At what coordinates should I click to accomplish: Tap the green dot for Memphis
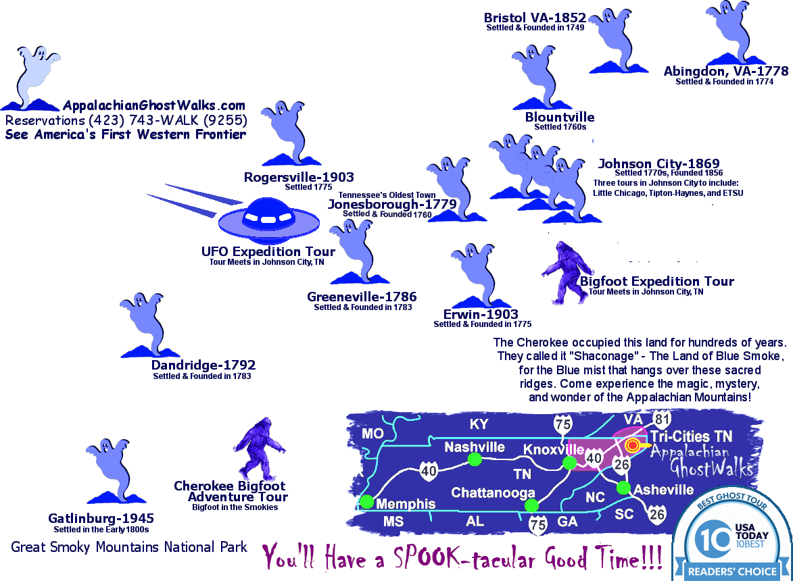(x=367, y=502)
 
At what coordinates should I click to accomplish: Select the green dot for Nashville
(x=475, y=459)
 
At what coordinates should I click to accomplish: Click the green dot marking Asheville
(x=623, y=488)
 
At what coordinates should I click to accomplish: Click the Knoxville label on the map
(x=554, y=449)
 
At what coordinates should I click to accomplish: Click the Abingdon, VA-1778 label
(x=725, y=71)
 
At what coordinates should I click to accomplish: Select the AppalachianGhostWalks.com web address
(x=154, y=106)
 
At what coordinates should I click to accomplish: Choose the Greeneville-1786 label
(x=362, y=297)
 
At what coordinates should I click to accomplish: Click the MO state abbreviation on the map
(x=373, y=433)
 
